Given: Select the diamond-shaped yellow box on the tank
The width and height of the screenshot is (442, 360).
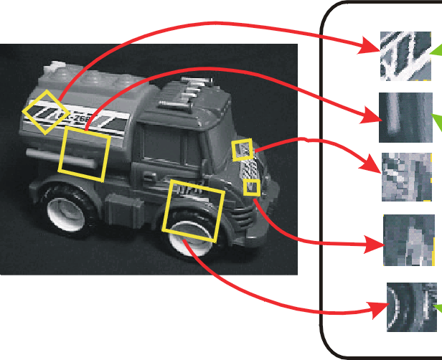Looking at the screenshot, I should (45, 112).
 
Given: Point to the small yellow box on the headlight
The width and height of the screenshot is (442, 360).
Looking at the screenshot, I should (243, 149).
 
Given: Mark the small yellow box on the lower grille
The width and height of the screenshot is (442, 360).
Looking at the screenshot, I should (251, 187).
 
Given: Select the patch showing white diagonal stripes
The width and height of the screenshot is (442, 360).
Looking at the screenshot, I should (405, 55).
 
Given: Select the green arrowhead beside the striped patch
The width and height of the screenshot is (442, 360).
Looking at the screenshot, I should (436, 50).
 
